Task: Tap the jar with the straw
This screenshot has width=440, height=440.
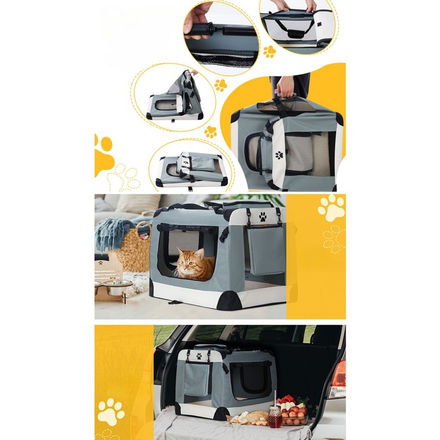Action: [275, 417]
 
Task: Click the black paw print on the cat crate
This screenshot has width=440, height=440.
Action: [263, 216]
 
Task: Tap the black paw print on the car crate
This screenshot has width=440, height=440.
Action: [199, 356]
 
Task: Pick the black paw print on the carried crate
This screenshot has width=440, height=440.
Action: [279, 155]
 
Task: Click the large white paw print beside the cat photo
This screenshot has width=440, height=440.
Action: [331, 208]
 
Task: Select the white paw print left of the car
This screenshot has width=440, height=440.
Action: [110, 411]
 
